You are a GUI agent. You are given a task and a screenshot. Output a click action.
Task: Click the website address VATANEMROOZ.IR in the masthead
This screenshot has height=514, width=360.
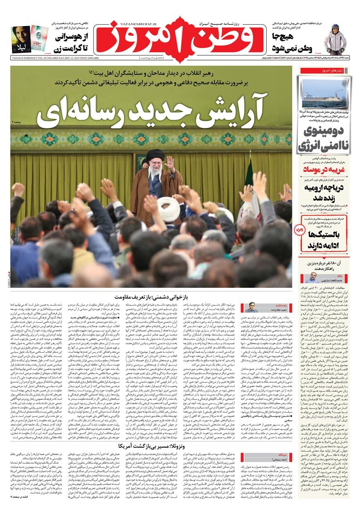tap(129, 23)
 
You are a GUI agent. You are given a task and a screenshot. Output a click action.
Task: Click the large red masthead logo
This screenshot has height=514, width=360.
tap(180, 39)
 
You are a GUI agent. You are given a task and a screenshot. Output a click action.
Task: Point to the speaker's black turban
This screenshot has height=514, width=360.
tap(155, 155)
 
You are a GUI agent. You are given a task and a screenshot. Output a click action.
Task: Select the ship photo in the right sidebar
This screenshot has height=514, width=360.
tap(323, 93)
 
